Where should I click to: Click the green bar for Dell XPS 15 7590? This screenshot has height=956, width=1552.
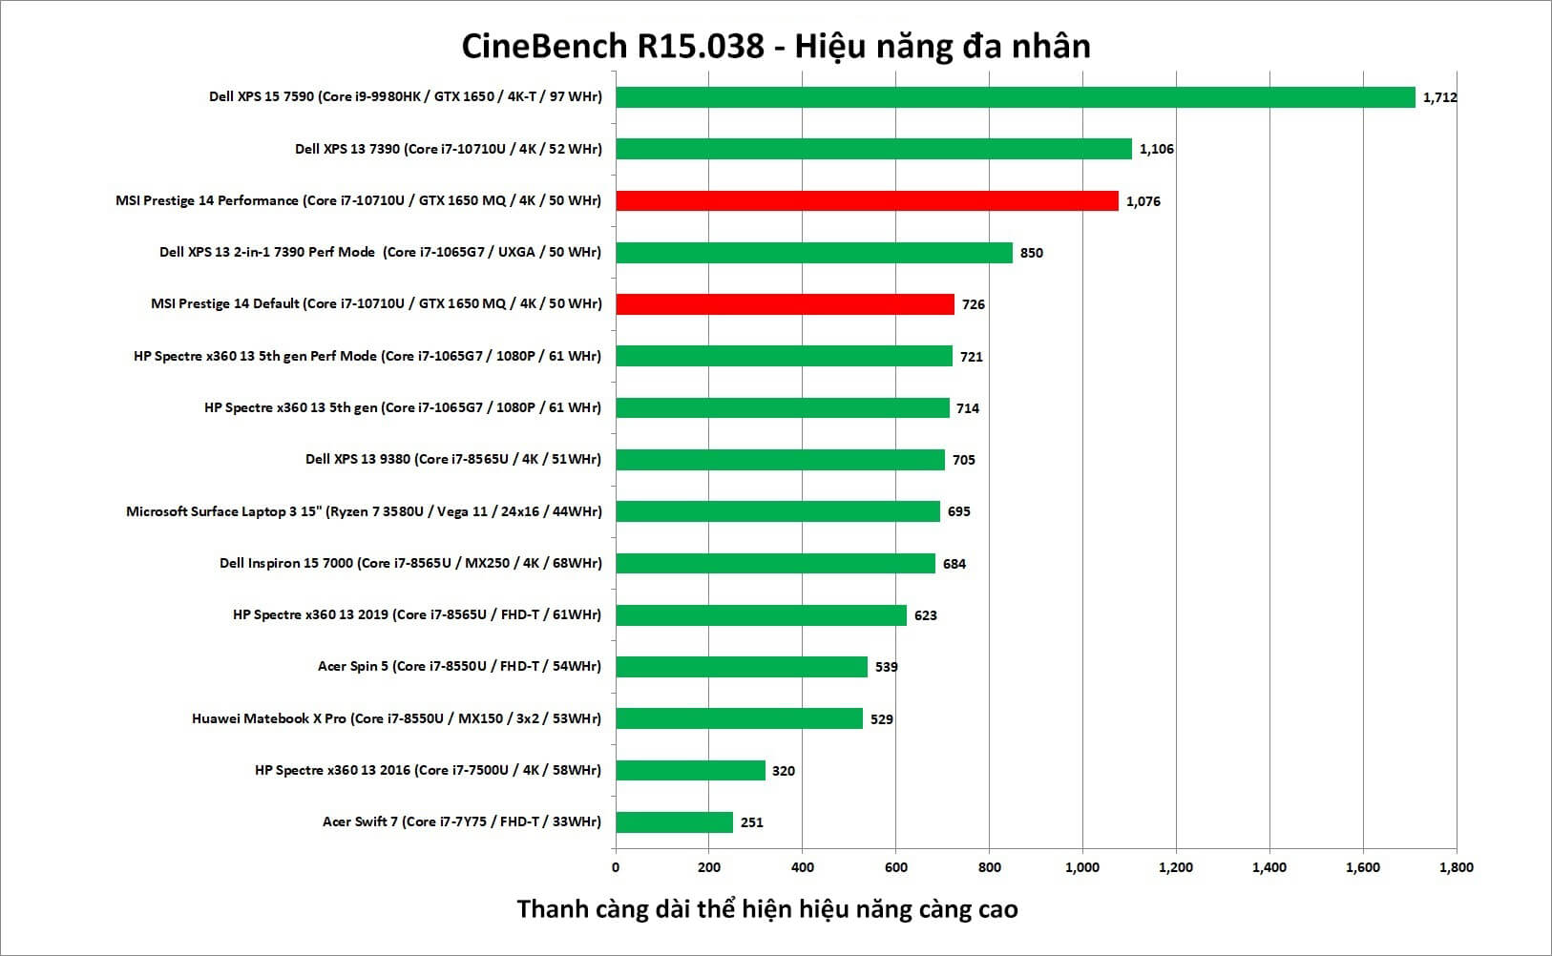click(x=1015, y=97)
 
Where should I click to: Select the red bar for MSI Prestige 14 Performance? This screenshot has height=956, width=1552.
click(x=867, y=201)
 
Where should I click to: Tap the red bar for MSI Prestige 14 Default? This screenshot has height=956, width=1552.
click(x=785, y=304)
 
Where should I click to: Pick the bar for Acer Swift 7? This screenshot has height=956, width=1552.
click(x=674, y=822)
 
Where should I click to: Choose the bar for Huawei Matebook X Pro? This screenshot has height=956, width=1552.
click(x=740, y=718)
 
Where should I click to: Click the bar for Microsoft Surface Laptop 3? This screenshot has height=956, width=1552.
click(x=778, y=511)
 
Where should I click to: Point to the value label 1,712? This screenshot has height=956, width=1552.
click(x=1439, y=97)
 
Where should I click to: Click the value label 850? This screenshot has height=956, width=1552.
click(x=1031, y=253)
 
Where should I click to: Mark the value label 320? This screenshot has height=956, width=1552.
click(x=783, y=771)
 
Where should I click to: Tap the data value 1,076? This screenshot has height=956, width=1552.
click(x=1143, y=201)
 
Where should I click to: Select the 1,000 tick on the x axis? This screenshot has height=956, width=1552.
click(x=1082, y=867)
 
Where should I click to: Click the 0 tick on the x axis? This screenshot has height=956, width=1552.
click(x=616, y=867)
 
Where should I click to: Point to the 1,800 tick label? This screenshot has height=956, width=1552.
click(x=1457, y=867)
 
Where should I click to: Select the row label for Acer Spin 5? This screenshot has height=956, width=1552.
click(x=459, y=666)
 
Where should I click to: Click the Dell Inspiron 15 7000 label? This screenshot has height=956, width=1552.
click(x=410, y=563)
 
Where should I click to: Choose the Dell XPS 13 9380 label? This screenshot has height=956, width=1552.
click(x=453, y=459)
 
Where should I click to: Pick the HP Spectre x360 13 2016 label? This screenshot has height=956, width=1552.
click(x=428, y=770)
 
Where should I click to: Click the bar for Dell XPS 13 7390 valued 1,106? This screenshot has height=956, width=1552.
click(x=873, y=149)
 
